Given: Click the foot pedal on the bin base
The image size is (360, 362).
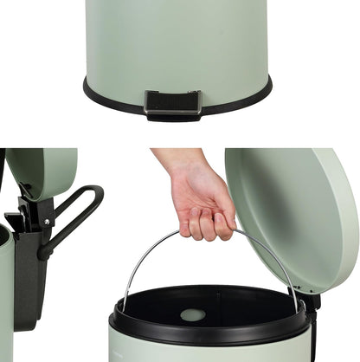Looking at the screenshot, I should [x=172, y=103].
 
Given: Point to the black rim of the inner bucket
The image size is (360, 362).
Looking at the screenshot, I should [x=209, y=334].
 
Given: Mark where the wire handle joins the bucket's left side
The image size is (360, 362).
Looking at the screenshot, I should [x=120, y=311].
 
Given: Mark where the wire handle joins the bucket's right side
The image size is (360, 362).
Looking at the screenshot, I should [x=299, y=307].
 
